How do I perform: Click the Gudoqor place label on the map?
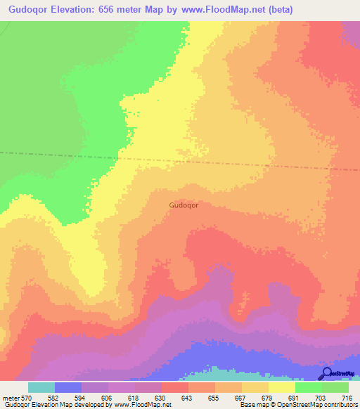pyautogui.click(x=184, y=206)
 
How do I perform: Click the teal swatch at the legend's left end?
pyautogui.click(x=41, y=387)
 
